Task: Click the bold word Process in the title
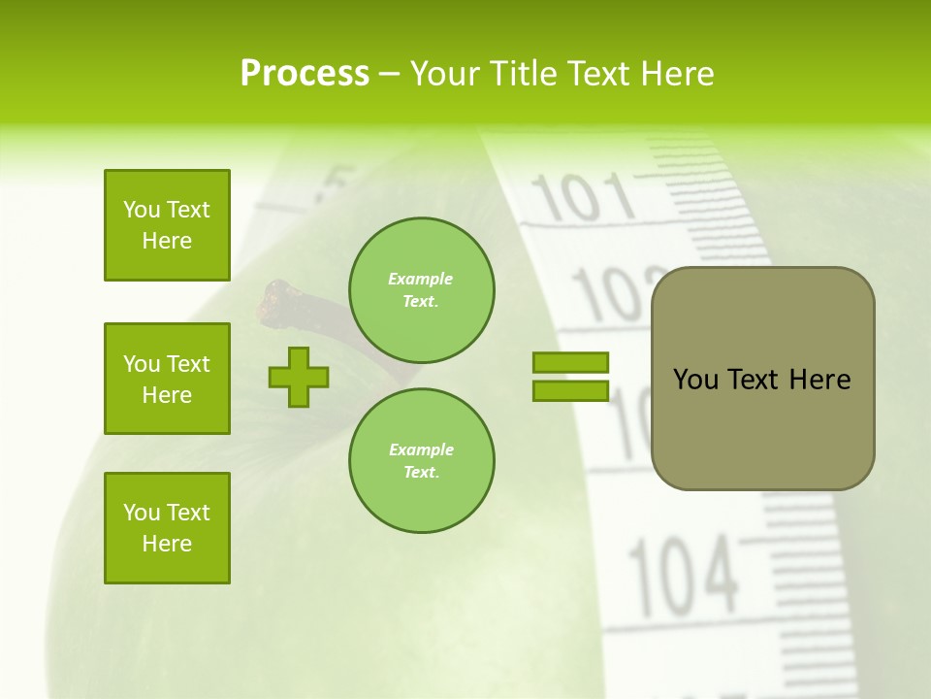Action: [x=305, y=74]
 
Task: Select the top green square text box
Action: [x=167, y=225]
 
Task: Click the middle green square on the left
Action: [x=167, y=379]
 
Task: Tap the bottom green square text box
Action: [x=167, y=528]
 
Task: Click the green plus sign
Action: [x=299, y=377]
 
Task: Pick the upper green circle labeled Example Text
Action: [x=422, y=290]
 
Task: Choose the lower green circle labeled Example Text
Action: [x=422, y=461]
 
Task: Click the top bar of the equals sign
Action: [x=571, y=362]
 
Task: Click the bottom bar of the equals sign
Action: [x=571, y=390]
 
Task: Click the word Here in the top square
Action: [x=167, y=241]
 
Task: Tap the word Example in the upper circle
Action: [x=421, y=279]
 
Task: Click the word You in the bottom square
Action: [x=141, y=513]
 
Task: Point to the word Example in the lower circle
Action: [x=421, y=449]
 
